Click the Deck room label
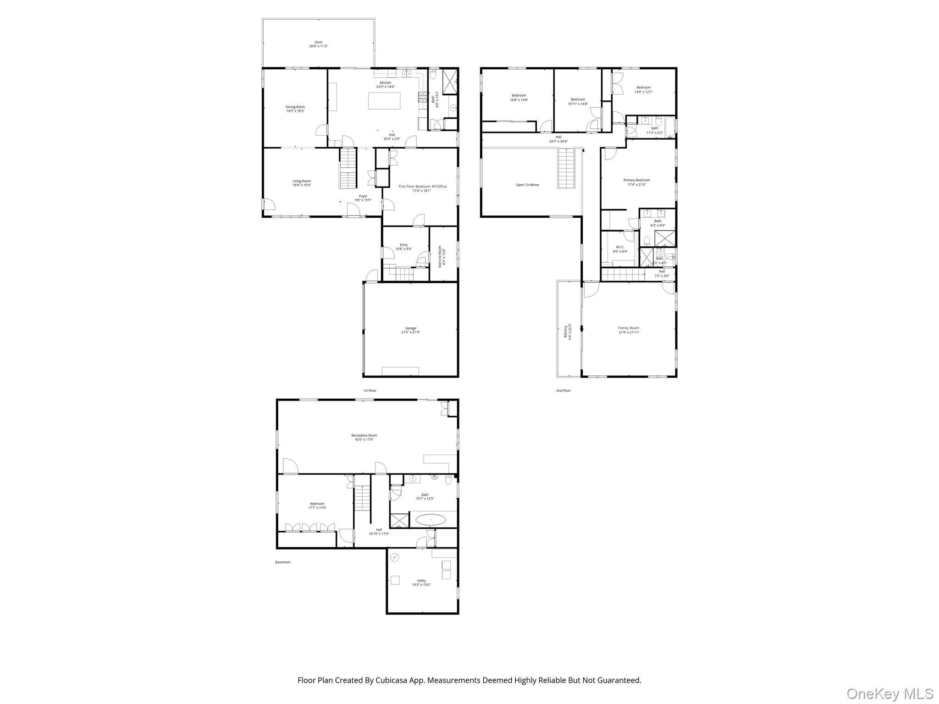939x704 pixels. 318,42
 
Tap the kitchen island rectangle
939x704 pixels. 384,101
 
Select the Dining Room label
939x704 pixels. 295,107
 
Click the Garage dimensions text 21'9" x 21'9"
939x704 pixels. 410,332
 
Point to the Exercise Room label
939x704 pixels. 440,256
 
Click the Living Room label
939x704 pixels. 302,181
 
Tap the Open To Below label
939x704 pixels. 527,185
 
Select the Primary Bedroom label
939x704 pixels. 636,180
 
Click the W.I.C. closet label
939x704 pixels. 620,247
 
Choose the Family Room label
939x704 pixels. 628,328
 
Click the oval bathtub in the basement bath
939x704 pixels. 431,520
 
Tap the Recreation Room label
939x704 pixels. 364,435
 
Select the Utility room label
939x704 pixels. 421,581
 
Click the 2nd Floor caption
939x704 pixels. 563,390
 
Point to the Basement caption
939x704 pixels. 282,562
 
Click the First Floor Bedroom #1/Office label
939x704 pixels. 422,187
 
